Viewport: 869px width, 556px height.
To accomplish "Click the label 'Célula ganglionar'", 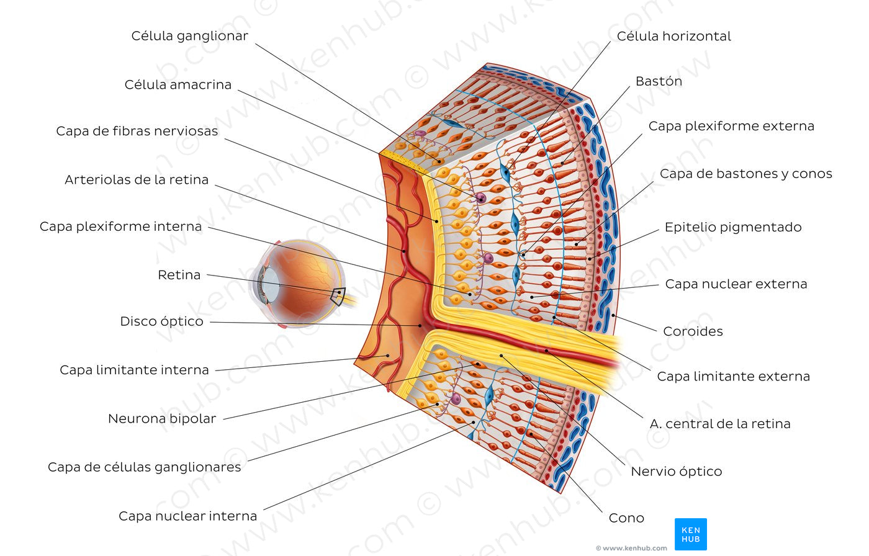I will (189, 36).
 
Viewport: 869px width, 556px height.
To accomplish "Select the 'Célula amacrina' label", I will (178, 84).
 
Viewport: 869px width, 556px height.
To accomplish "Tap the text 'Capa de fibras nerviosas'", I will (137, 131).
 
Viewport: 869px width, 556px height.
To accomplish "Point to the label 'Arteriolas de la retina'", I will (137, 180).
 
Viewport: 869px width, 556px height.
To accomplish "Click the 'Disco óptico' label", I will (161, 321).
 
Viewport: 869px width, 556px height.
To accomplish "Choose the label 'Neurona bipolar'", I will (162, 419).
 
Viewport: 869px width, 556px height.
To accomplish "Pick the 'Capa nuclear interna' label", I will (187, 516).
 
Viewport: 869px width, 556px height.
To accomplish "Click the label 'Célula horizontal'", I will (673, 36).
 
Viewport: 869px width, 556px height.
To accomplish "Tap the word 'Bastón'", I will (659, 81).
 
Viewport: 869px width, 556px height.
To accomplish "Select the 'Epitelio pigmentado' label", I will (733, 227).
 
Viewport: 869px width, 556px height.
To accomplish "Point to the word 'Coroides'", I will (693, 331).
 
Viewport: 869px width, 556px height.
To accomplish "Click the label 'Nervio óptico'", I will (676, 472).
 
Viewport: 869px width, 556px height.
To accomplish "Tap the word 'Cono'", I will (626, 518).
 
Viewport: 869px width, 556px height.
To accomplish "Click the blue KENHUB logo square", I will (690, 534).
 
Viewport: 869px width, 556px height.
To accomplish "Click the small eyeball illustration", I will (298, 282).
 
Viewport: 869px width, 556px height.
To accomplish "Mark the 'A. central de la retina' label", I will (720, 424).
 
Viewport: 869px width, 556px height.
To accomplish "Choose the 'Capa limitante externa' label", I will (733, 377).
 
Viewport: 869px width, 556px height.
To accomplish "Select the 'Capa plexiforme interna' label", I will (120, 226).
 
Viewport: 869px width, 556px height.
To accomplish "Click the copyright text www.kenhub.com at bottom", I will (631, 548).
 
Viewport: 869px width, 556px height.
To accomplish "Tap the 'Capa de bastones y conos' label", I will (745, 174).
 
